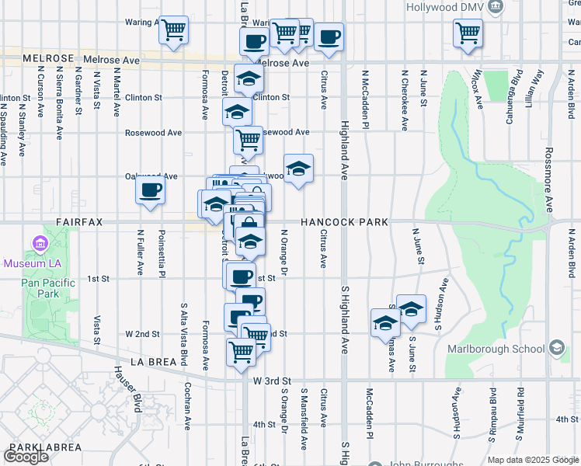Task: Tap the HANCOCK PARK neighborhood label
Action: [344, 222]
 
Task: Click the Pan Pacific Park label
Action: [48, 288]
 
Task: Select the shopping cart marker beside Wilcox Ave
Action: [468, 34]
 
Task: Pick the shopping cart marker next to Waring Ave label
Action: [174, 30]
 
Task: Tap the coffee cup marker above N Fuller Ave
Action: [150, 190]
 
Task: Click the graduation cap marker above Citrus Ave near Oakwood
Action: [297, 169]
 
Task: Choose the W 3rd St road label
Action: [272, 381]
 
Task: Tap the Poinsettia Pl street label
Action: [162, 252]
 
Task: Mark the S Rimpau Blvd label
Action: [492, 419]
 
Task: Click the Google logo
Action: [26, 457]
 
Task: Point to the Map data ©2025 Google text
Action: [533, 460]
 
